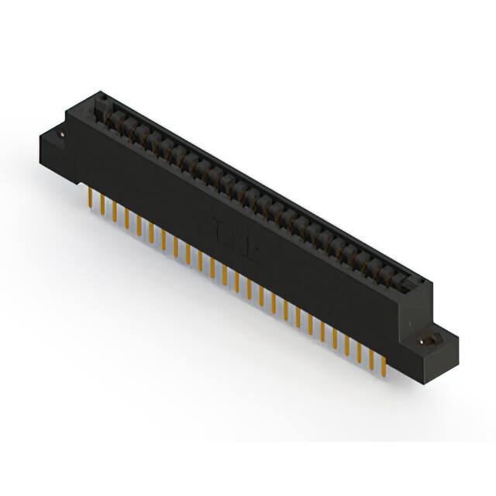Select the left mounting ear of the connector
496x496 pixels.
click(x=58, y=147)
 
